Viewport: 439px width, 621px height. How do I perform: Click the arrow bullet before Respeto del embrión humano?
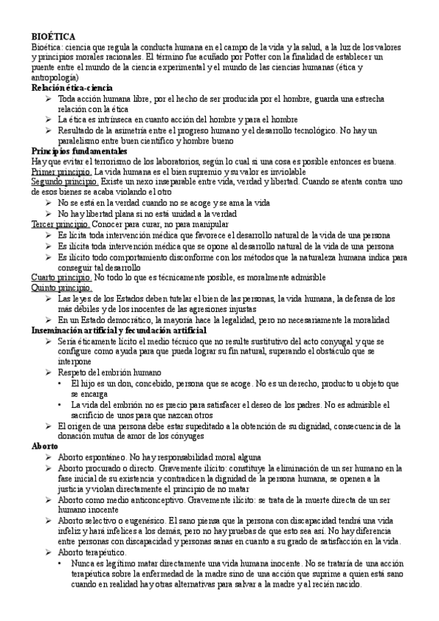pyautogui.click(x=48, y=373)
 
